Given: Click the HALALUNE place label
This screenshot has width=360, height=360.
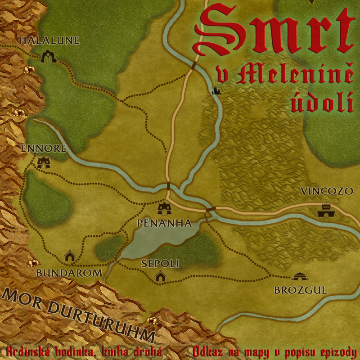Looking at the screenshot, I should click(x=49, y=40).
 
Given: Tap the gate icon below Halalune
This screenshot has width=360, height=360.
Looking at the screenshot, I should click(x=48, y=57).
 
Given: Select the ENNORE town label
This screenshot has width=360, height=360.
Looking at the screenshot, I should click(x=44, y=148).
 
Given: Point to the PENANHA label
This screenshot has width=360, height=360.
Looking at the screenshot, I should click(x=165, y=223).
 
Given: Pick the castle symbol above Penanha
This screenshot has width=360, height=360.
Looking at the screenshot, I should click(x=164, y=208).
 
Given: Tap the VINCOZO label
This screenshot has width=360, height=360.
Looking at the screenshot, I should click(x=327, y=191).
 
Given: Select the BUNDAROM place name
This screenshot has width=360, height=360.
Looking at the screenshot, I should click(x=69, y=273).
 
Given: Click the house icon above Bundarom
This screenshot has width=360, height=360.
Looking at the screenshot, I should click(x=70, y=256).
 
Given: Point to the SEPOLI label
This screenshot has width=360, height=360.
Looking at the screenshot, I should click(x=161, y=263).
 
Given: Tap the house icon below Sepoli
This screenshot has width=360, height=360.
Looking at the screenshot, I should click(x=161, y=276).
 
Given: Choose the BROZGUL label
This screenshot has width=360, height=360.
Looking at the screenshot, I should click(x=301, y=290).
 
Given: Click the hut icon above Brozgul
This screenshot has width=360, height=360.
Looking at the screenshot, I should click(x=299, y=276).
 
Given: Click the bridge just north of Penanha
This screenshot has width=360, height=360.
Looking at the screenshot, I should click(x=168, y=186).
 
